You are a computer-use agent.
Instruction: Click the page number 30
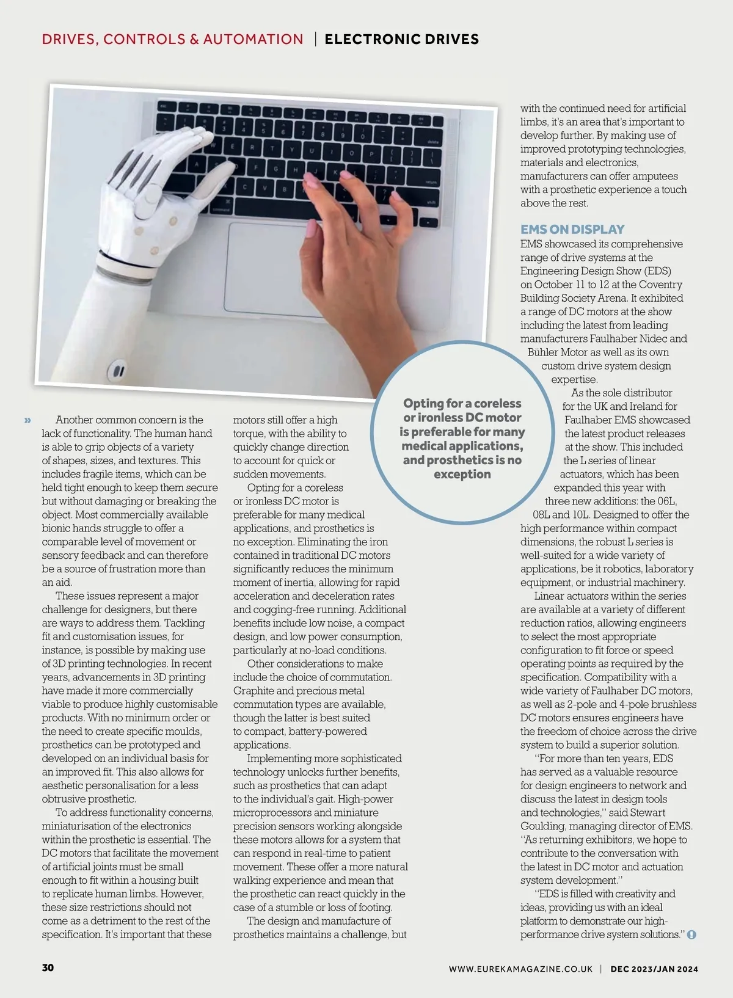[48, 967]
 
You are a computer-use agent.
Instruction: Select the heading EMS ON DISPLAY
[572, 230]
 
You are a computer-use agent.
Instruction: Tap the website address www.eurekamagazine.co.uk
[520, 969]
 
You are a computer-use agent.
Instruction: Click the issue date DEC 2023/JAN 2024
[654, 969]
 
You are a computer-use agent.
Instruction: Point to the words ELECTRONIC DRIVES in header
[401, 40]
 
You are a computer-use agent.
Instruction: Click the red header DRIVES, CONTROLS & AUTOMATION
[172, 40]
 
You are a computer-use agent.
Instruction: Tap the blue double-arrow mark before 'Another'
[27, 420]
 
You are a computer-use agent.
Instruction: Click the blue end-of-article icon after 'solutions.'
[691, 935]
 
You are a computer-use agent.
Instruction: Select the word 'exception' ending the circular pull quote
[462, 475]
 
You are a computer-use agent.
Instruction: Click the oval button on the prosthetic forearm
[117, 370]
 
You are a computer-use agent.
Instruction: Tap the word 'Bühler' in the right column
[542, 352]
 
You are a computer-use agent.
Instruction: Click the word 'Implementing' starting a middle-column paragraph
[277, 759]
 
